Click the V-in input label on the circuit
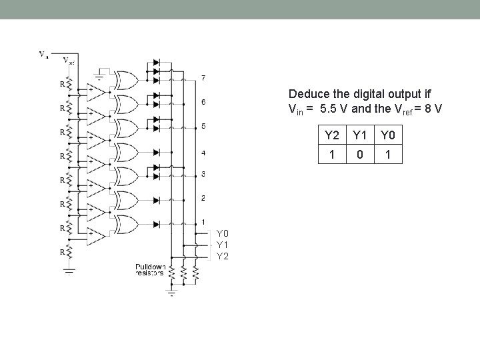click(x=43, y=53)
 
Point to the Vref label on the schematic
click(x=69, y=60)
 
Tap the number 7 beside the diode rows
click(x=203, y=78)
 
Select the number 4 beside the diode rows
click(x=203, y=153)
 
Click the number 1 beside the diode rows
click(x=203, y=221)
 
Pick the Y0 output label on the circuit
click(x=223, y=233)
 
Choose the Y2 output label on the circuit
click(x=223, y=256)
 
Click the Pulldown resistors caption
click(x=151, y=269)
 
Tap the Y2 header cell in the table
click(x=331, y=136)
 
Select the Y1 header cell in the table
click(x=359, y=136)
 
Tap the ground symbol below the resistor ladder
click(x=69, y=271)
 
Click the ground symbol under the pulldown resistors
click(x=171, y=292)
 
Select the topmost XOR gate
click(x=127, y=81)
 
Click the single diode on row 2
click(x=157, y=199)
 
